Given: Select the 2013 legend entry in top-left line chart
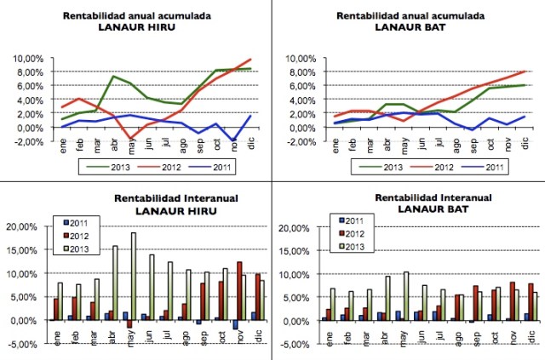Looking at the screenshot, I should point(113,168).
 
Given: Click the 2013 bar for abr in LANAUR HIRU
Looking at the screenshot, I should point(115,283).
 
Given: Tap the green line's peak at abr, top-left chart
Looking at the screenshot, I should point(113,77).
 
